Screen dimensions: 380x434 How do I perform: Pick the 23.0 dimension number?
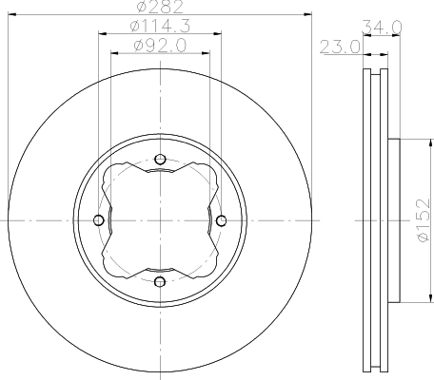coord(342,44)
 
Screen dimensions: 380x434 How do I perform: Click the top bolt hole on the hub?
coord(160,159)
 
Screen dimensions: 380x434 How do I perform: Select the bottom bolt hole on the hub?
coord(160,281)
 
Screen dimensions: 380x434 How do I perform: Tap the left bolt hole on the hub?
coord(98,220)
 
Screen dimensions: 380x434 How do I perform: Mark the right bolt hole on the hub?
coord(221,220)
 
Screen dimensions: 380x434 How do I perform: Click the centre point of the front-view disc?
coord(160,220)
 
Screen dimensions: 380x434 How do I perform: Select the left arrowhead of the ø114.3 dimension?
coord(102,34)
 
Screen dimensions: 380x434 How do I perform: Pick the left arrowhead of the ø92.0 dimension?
coord(114,51)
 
